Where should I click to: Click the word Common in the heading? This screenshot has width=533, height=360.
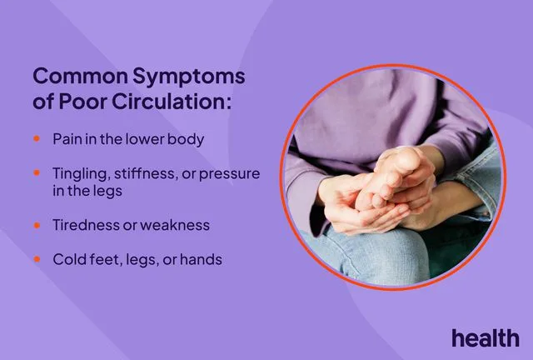pyautogui.click(x=80, y=76)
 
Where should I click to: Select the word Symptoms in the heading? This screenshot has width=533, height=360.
pyautogui.click(x=189, y=77)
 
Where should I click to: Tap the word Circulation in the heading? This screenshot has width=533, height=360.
pyautogui.click(x=172, y=102)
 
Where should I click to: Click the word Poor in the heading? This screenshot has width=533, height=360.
pyautogui.click(x=83, y=102)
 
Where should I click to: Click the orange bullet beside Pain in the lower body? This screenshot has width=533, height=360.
pyautogui.click(x=37, y=138)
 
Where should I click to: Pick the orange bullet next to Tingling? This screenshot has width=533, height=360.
pyautogui.click(x=37, y=172)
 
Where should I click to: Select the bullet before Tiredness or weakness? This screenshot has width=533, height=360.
pyautogui.click(x=37, y=225)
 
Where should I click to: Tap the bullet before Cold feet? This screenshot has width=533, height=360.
pyautogui.click(x=37, y=259)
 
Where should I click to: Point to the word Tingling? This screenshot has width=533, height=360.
pyautogui.click(x=81, y=174)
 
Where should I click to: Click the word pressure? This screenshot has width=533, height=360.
pyautogui.click(x=230, y=175)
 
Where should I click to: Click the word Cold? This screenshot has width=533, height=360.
pyautogui.click(x=68, y=259)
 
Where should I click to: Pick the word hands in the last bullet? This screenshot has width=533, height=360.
pyautogui.click(x=201, y=259)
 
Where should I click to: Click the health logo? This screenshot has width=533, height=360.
pyautogui.click(x=486, y=337)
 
